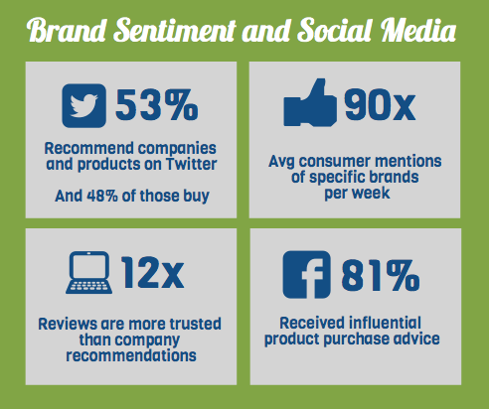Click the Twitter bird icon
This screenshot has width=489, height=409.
coord(83,105)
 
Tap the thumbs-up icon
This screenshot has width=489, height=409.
coord(310,102)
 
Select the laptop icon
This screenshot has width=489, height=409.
coord(88,273)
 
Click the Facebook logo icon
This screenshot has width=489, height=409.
coord(307,275)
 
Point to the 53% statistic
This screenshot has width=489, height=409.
coord(157,105)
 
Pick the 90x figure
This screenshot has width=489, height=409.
coord(380,105)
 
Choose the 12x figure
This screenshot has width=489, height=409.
coord(152,273)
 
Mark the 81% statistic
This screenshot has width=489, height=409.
coord(381,275)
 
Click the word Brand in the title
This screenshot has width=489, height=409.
coord(68,30)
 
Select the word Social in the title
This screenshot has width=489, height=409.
coord(335,30)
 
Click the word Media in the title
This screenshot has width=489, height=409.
coord(418,30)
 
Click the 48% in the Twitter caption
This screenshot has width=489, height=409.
coord(102,196)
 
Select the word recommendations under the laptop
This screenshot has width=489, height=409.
coord(131,355)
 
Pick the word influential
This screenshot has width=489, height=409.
coord(385,323)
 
